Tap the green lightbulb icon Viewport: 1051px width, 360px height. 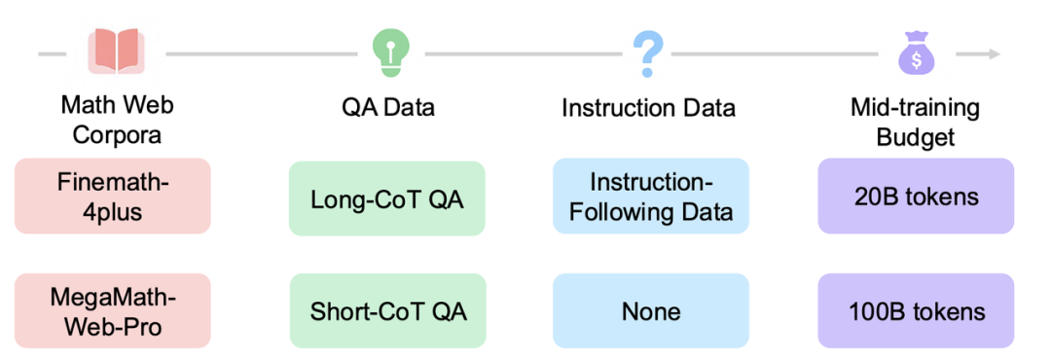click(391, 53)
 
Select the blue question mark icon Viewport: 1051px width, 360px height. click(648, 53)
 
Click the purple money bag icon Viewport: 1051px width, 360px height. click(917, 53)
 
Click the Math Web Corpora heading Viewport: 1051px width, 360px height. click(118, 120)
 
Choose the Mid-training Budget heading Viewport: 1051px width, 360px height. click(916, 120)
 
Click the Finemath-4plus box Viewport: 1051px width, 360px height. click(113, 196)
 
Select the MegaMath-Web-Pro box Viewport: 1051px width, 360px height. click(113, 310)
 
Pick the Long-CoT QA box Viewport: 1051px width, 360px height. click(386, 198)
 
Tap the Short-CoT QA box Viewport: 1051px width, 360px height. click(387, 311)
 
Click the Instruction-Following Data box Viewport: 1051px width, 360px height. click(650, 196)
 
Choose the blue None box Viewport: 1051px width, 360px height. click(650, 310)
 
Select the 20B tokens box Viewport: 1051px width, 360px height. click(916, 196)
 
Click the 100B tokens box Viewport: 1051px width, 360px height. click(916, 310)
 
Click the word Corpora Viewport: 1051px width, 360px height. click(118, 134)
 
